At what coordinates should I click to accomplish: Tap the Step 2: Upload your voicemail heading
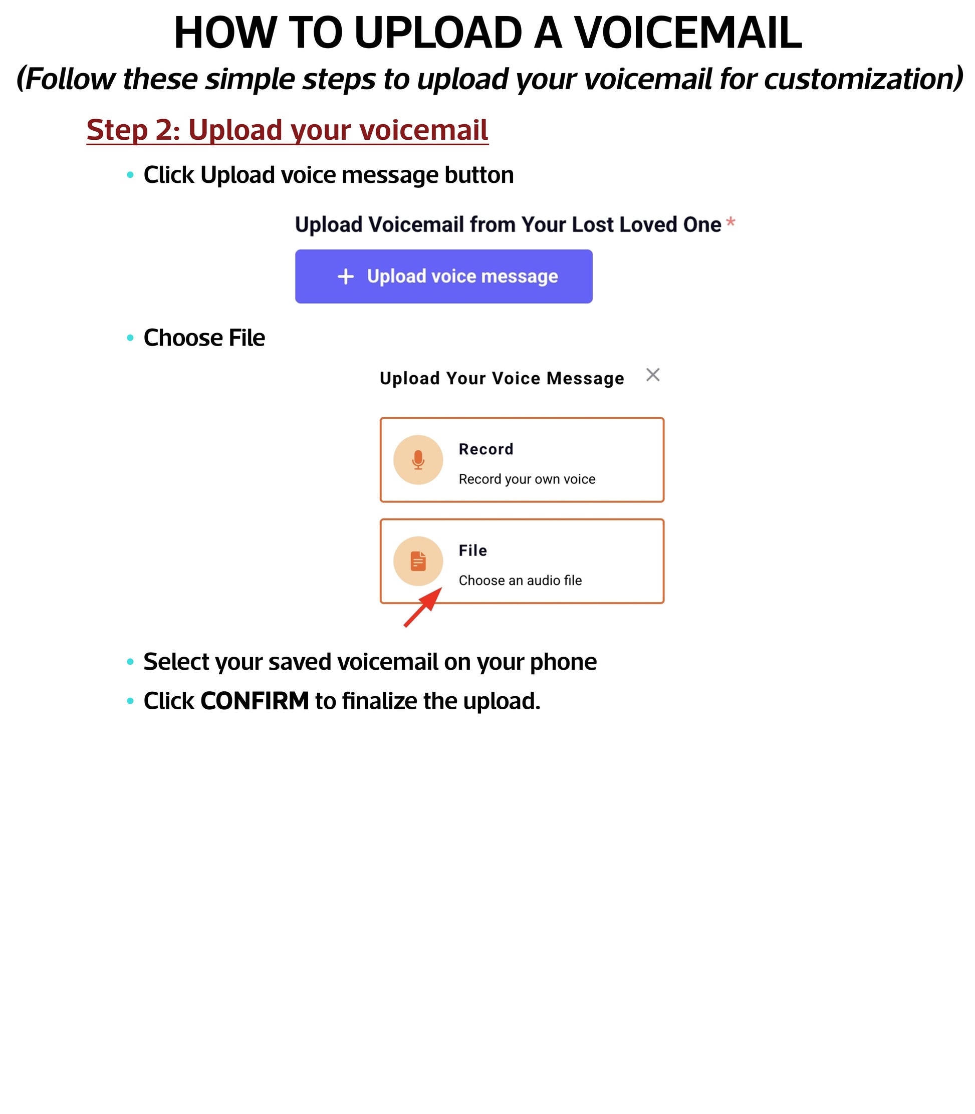pos(287,130)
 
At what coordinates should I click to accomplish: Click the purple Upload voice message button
pos(443,276)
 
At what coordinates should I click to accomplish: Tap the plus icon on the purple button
pos(346,276)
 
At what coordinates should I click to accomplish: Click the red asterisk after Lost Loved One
pos(730,222)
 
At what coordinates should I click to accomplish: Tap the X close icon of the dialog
pos(652,375)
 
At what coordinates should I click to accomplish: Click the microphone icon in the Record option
pos(418,460)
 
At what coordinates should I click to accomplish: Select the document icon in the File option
pos(418,561)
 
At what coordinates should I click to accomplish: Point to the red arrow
pos(423,608)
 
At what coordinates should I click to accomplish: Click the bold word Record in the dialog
pos(486,449)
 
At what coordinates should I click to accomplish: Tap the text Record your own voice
pos(527,479)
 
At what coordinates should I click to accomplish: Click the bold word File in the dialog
pos(472,550)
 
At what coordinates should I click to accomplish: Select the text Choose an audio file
pos(520,581)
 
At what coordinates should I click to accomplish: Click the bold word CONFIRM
pos(254,701)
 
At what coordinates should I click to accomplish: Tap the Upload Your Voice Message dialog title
pos(502,378)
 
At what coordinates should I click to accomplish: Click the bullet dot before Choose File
pos(130,338)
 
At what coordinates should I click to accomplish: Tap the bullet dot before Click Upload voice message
pos(130,175)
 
